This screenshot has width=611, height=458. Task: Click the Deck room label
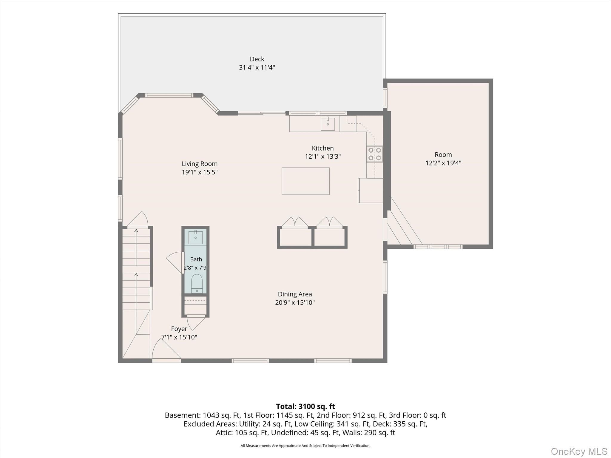(257, 59)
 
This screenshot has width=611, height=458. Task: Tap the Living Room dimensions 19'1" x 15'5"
(200, 172)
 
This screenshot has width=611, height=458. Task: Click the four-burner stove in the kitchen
(375, 154)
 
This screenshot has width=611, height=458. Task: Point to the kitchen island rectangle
(305, 181)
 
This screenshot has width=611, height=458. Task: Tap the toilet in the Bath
(197, 284)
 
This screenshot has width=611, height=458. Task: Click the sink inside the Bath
(195, 237)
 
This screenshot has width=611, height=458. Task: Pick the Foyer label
(179, 329)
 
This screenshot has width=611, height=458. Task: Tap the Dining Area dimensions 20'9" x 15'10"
(295, 303)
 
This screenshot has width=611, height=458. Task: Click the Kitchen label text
(323, 148)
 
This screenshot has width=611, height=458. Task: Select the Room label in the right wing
(443, 155)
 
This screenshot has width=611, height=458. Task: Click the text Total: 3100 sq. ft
(305, 406)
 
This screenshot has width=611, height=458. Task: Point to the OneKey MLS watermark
(579, 451)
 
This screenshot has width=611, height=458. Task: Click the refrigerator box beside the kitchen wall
(370, 191)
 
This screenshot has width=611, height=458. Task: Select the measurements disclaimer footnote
(305, 446)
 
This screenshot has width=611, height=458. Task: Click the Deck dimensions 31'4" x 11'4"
(257, 67)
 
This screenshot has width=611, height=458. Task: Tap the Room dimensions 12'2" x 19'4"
(443, 163)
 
